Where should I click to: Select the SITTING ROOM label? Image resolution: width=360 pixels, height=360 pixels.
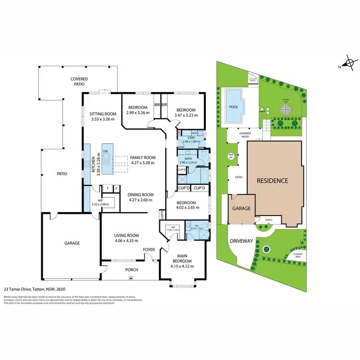point(103,114)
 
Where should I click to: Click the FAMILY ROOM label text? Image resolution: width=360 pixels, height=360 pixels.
point(143,157)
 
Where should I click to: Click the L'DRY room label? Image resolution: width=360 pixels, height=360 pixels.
point(191,137)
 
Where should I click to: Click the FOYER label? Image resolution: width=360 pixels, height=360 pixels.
point(149,250)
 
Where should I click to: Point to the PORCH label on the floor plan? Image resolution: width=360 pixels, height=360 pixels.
point(132,270)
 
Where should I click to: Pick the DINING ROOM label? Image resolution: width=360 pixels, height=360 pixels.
point(141,194)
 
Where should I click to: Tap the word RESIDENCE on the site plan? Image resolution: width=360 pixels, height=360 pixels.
point(272,181)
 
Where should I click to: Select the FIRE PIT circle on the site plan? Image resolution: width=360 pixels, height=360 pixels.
point(230,156)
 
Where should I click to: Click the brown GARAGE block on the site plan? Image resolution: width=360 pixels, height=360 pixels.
point(241,209)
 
